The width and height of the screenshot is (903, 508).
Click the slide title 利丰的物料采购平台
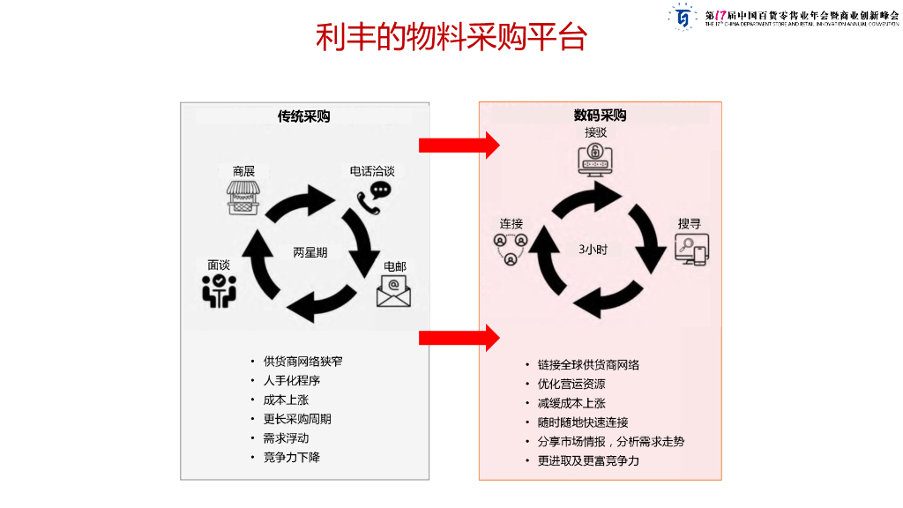(x=451, y=38)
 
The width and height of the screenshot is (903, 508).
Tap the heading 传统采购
(x=304, y=116)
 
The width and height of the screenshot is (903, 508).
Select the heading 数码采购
(x=600, y=116)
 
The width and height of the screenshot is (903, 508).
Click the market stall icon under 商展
(x=244, y=198)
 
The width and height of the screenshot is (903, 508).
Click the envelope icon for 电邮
(x=393, y=292)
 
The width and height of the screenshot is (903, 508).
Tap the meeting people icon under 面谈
(x=219, y=290)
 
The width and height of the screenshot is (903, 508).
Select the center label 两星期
(x=310, y=252)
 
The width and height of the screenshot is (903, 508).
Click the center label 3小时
(x=593, y=250)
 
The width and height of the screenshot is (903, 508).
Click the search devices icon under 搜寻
(x=690, y=250)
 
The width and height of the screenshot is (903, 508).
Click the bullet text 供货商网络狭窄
(x=303, y=362)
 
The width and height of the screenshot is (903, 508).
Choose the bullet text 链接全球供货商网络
(x=588, y=365)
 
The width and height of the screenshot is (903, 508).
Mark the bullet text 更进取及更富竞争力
(x=588, y=461)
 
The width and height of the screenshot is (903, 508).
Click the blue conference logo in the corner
(x=683, y=16)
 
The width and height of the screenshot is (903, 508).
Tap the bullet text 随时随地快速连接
(x=583, y=422)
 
